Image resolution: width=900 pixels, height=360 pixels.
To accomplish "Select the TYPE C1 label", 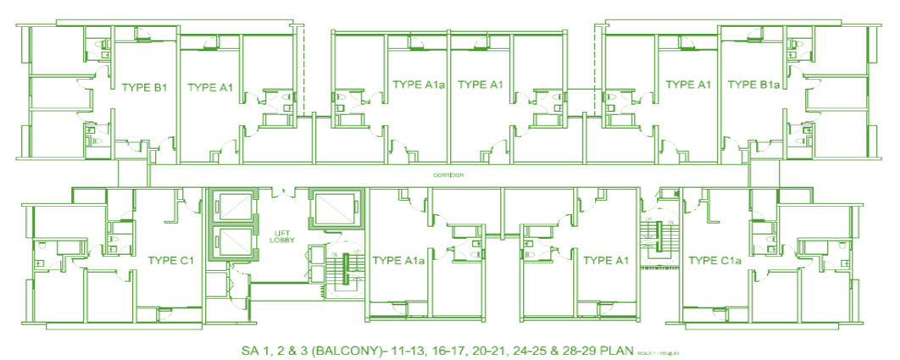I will [172, 260].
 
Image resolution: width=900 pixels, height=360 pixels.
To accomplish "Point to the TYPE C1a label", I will [715, 260].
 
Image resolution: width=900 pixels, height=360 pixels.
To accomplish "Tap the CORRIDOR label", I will [448, 175].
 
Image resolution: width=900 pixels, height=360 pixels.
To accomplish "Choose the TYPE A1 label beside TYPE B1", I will [209, 86].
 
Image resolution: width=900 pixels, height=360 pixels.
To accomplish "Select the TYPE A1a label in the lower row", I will [397, 260].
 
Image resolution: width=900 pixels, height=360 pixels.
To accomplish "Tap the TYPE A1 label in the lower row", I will [603, 260].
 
